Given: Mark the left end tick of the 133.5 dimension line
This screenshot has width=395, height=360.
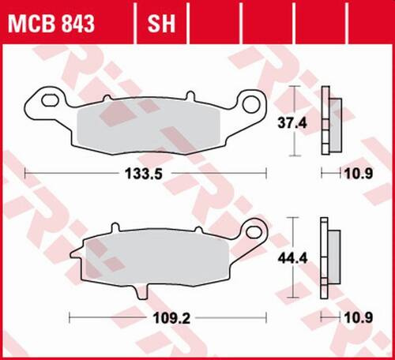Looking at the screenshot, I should pos(25,173).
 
